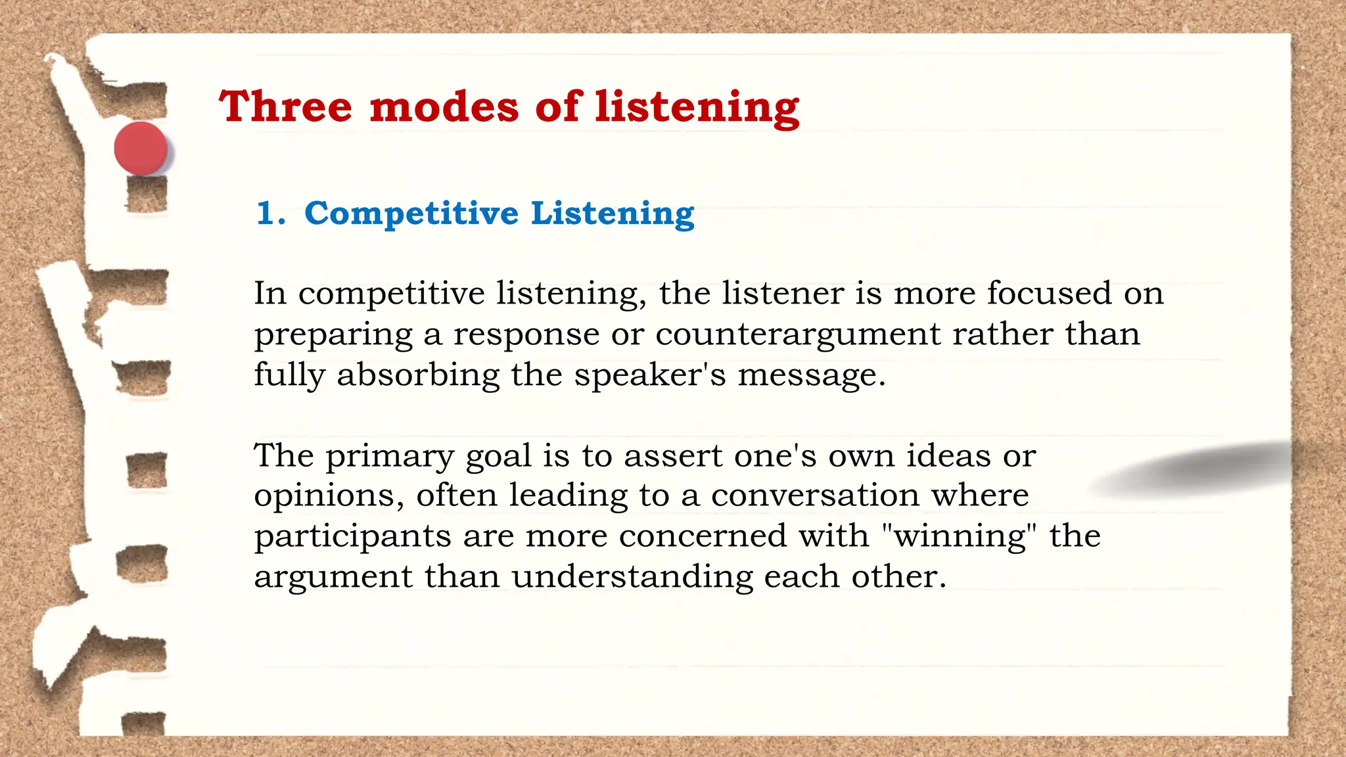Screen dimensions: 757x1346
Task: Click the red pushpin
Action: [141, 149]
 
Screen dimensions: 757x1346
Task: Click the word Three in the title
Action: [286, 106]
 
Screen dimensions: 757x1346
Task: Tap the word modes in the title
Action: [444, 106]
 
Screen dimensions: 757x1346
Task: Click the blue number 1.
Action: [270, 214]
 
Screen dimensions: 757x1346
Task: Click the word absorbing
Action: [418, 376]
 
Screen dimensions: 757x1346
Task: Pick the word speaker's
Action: [650, 376]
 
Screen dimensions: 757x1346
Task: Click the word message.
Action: [811, 376]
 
